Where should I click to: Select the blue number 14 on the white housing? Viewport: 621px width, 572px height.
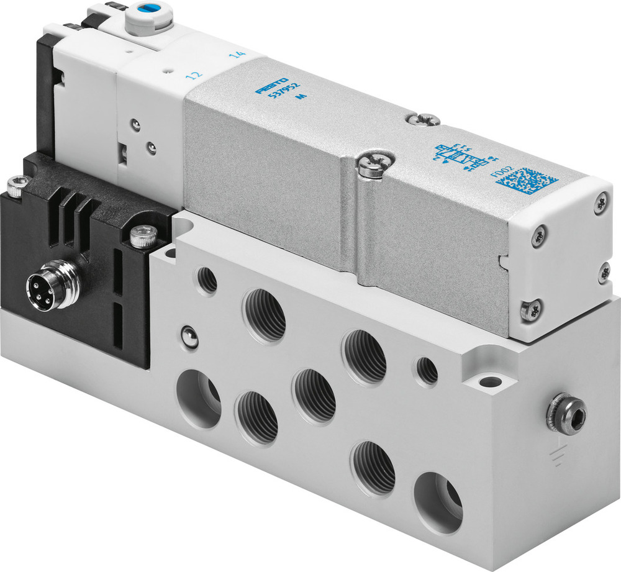pyautogui.click(x=237, y=55)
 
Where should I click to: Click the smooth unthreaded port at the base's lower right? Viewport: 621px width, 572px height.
pyautogui.click(x=438, y=502)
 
